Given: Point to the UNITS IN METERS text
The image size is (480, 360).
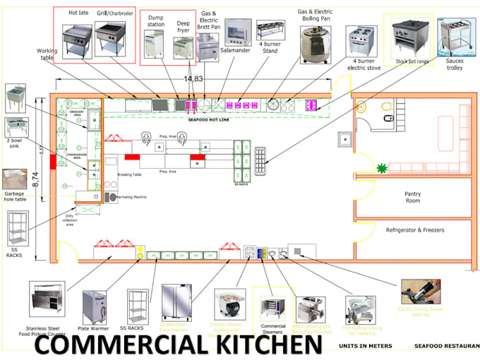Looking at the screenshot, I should [x=365, y=346].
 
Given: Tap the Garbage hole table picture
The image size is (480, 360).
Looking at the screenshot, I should [x=16, y=179].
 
